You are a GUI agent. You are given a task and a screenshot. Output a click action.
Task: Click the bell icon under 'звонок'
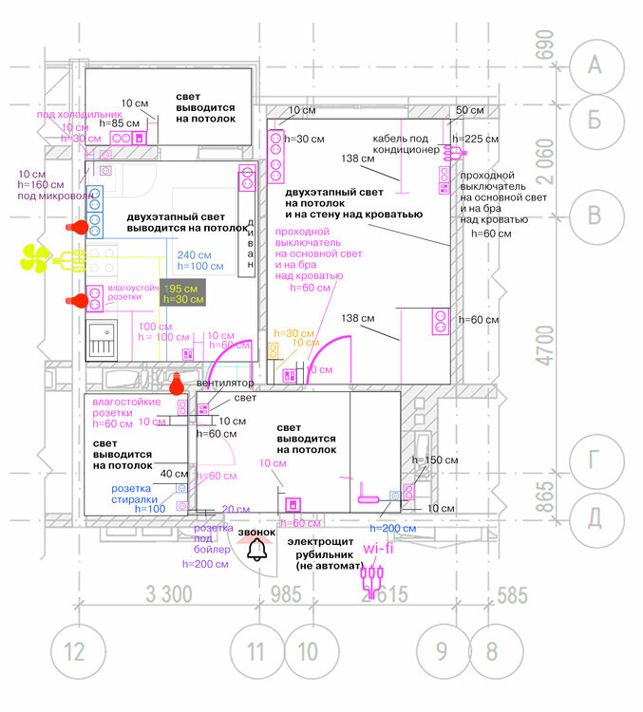coord(255,552)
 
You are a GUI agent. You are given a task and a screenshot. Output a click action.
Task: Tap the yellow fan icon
coord(36,256)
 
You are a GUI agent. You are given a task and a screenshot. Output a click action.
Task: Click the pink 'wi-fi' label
coord(377,548)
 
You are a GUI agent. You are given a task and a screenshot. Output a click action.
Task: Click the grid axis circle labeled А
coord(596,65)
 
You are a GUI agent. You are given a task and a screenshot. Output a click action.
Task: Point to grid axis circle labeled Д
coord(596,517)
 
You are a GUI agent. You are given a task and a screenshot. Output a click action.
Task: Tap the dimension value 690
coord(544,46)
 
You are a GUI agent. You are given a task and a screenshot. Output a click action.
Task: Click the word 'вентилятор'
coord(224,383)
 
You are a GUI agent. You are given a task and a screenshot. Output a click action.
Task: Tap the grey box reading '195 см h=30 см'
coord(181,293)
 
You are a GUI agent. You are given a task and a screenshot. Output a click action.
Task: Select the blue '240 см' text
coord(194,254)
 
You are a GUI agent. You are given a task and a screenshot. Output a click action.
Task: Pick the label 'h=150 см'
coord(435,459)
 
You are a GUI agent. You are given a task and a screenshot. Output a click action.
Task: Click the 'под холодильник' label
coord(80,115)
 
